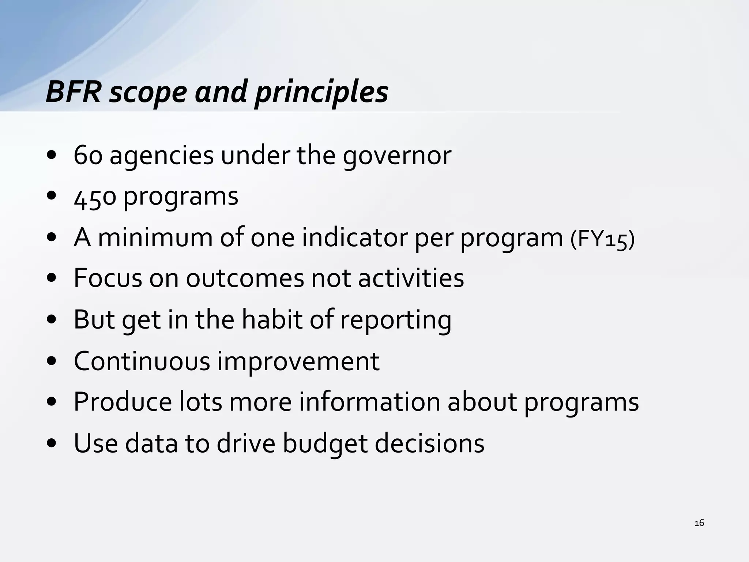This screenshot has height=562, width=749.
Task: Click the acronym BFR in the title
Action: point(73,92)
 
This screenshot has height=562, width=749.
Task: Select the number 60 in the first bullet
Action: point(88,156)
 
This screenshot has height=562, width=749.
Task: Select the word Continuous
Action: point(142,361)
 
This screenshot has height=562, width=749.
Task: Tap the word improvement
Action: point(298,361)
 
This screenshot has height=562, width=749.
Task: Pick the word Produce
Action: point(123,402)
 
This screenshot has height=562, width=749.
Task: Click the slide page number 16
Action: point(699,523)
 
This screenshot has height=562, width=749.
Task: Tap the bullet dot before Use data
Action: point(52,444)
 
